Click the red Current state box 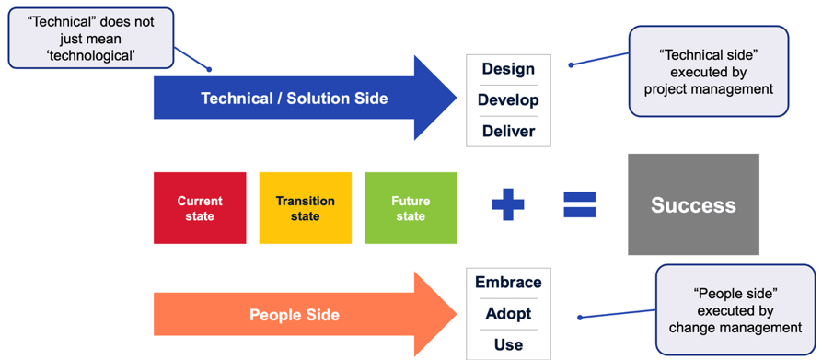200,208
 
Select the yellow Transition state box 305,208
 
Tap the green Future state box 411,208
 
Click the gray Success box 693,204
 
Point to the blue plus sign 507,204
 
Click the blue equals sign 580,204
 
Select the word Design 508,69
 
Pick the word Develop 508,99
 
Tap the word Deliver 508,131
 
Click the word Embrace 508,283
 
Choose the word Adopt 508,313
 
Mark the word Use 508,344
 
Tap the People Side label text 294,315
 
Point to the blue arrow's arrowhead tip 457,98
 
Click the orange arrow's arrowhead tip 457,314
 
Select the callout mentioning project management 708,71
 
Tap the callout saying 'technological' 91,38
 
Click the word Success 693,205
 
